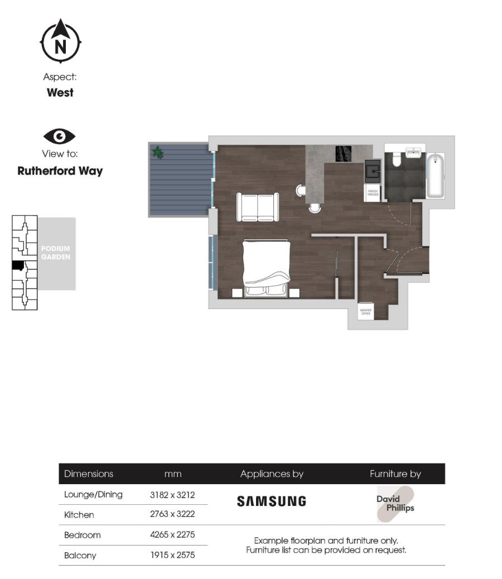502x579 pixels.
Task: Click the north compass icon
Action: tap(60, 42)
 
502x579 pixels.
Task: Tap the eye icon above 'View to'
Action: tap(59, 137)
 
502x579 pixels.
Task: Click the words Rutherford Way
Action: tap(60, 171)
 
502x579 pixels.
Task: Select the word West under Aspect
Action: tap(60, 93)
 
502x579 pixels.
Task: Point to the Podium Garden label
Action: tap(56, 253)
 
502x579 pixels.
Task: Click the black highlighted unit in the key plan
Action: tap(18, 266)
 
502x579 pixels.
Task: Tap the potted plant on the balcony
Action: tap(158, 151)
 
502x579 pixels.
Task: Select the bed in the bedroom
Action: tap(267, 267)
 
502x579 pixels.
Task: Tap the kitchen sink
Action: tap(372, 170)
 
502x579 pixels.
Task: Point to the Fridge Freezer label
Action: tap(372, 194)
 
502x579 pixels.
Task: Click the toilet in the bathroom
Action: tap(397, 159)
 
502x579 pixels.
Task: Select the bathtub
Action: tap(435, 176)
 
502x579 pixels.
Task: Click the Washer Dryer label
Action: tap(366, 312)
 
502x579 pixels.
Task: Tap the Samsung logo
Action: tap(272, 501)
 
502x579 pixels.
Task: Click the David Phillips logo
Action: tap(395, 504)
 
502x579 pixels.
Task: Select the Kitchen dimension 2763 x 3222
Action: tap(172, 514)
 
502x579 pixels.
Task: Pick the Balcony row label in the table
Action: tap(80, 556)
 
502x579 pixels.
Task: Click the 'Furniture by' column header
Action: tap(395, 474)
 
